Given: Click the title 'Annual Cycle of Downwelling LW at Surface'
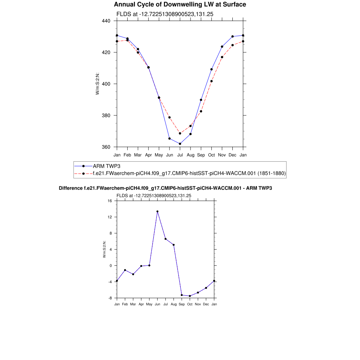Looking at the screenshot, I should point(180,5).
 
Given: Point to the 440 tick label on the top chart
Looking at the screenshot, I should point(106,21).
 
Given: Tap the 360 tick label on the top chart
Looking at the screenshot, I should point(106,147).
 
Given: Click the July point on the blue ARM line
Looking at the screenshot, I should point(180,144).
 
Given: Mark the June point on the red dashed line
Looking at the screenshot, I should point(169,117).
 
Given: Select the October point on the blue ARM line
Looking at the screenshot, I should point(212,69).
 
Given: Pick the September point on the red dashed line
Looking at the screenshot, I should point(201,111).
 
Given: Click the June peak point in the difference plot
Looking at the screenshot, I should point(157,212).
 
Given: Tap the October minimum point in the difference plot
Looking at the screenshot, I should point(190,296).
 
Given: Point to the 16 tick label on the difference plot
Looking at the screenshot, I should point(110,201).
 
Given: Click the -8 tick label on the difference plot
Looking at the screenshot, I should point(110,298).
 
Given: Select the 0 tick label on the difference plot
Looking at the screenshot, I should point(111,266).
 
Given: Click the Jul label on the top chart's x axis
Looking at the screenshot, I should point(180,155).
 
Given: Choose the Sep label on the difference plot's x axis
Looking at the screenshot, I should point(182,304).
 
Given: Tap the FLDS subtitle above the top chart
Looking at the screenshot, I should point(165,14).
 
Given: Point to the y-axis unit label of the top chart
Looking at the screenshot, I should point(97,84).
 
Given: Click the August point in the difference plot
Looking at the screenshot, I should point(174,245).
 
